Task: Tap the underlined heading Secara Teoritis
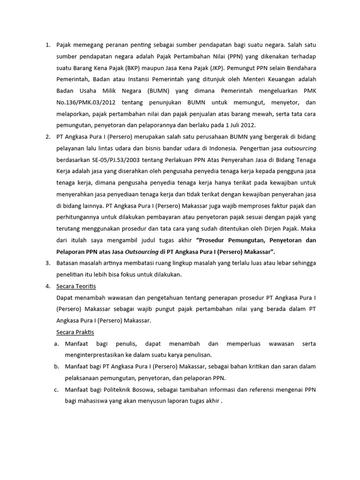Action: [75, 286]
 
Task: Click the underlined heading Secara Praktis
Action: [75, 332]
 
